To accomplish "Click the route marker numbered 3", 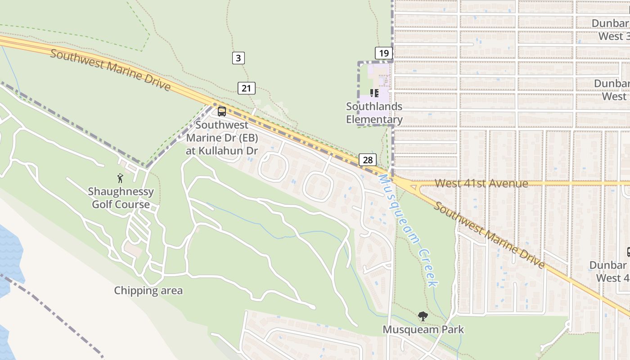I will coord(238,58).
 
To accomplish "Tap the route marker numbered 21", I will coord(246,88).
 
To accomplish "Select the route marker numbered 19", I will coord(383,54).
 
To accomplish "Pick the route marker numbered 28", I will coord(368,160).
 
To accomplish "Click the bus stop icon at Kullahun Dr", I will coord(222,111).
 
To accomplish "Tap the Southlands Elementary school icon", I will coord(374,93).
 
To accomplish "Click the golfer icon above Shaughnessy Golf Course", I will coord(120,178).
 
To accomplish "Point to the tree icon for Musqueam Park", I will coord(423,316).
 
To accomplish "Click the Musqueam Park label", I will coord(423,330).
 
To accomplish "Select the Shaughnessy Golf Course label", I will coord(121,198).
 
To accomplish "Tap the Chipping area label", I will coord(148,291).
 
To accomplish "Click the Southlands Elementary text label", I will coord(374,113).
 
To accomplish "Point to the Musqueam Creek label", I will coord(407,229).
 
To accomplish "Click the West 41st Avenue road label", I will coord(481,184).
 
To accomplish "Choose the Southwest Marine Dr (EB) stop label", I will coord(222,138).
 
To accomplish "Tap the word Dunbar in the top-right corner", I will coord(610,23).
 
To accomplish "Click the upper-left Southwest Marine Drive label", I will coord(110,70).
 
